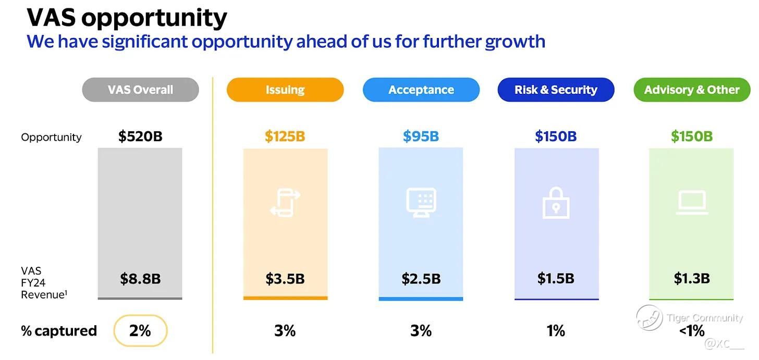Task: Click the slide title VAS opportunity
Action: point(127,18)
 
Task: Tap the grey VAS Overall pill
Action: point(140,90)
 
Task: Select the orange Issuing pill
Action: point(285,90)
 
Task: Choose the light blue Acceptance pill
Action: point(421,90)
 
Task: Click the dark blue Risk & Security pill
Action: point(556,90)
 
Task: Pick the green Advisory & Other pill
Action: point(692,90)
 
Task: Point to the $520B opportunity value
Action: point(140,136)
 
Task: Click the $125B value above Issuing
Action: point(285,136)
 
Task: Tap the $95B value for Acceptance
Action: point(421,136)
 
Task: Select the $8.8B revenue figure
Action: point(140,279)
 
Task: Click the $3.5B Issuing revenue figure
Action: point(285,279)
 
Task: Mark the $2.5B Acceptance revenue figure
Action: point(421,279)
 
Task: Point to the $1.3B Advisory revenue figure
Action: point(691,279)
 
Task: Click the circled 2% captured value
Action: point(140,331)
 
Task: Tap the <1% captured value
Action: point(692,331)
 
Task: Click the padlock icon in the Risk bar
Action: point(556,203)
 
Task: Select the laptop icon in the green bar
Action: point(692,203)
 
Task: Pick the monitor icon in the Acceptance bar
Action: point(421,203)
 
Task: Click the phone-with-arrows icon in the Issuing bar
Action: point(285,203)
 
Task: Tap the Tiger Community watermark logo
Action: point(649,318)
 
